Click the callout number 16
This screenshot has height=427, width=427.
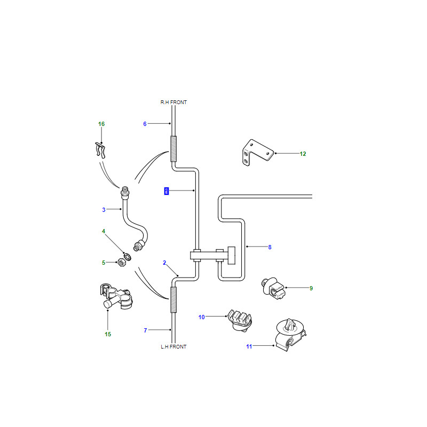101,124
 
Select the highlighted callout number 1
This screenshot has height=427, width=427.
167,191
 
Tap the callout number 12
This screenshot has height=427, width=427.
303,154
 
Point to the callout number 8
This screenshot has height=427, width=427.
270,247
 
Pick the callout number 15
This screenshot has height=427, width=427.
108,334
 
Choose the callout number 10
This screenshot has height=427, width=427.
202,317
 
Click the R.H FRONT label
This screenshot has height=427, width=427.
173,102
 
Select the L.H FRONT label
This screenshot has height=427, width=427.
173,346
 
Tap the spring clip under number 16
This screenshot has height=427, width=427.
100,150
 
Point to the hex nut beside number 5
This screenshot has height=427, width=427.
122,263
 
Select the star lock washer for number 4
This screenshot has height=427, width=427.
127,257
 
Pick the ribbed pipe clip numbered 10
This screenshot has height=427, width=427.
240,320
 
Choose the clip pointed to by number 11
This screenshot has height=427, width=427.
290,335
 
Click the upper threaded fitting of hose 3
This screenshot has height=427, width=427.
125,192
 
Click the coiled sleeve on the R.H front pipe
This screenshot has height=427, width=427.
173,149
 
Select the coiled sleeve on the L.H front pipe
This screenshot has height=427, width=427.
173,299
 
